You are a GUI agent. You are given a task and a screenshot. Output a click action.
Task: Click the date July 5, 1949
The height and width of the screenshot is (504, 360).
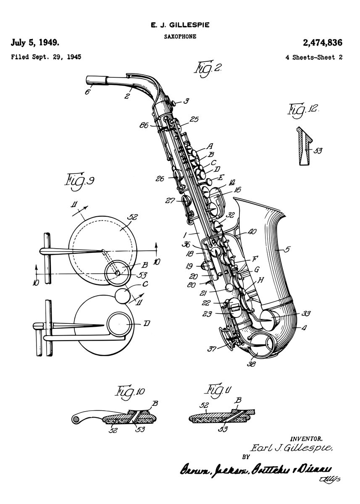click(35, 42)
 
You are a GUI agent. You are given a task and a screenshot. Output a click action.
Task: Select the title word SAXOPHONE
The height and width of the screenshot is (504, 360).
click(180, 37)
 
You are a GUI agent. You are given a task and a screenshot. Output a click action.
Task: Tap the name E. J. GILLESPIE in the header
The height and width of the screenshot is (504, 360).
click(180, 26)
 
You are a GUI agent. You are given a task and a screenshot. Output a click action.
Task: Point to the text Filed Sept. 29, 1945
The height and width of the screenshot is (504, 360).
click(46, 57)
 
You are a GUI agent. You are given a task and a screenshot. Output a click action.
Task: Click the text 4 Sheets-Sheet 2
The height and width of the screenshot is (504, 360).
click(313, 57)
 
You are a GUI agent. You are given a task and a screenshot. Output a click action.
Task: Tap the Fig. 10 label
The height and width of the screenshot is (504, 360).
click(130, 391)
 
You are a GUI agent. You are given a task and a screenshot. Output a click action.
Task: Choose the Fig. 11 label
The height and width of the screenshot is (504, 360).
click(219, 391)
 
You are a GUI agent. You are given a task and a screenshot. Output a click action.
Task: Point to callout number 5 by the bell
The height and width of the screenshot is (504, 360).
click(286, 249)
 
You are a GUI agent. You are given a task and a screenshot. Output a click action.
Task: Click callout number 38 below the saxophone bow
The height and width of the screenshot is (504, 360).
click(252, 364)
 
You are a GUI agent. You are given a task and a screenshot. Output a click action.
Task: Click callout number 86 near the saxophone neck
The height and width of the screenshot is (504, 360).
click(144, 125)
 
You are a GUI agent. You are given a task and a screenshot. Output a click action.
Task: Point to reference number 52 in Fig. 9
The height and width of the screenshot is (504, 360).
click(132, 217)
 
